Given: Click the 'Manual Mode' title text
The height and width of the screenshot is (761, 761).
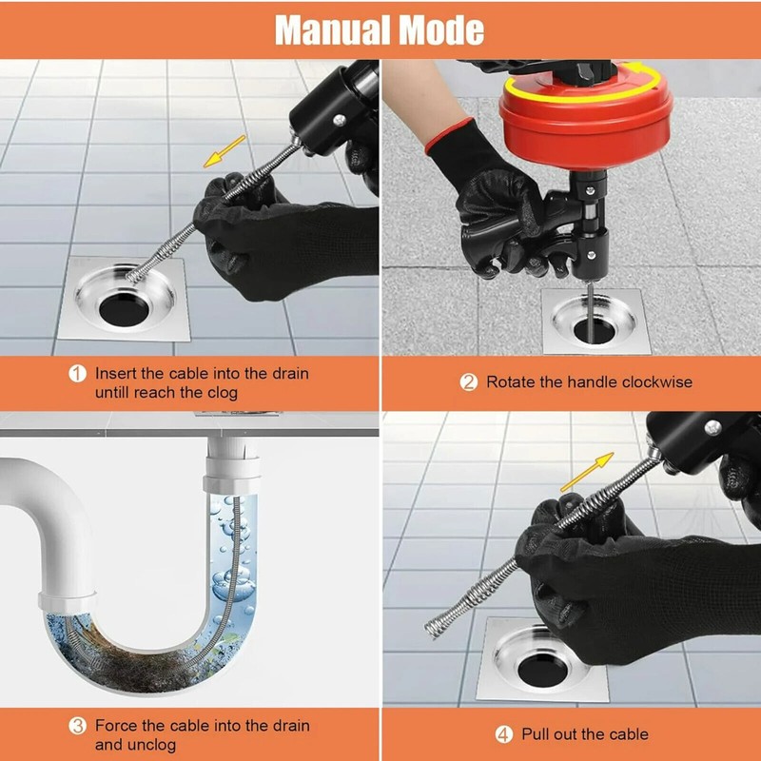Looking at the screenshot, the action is click(380, 30).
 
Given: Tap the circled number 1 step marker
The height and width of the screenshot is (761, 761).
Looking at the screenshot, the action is click(77, 374).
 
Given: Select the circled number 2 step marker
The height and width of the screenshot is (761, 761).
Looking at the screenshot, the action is click(468, 382).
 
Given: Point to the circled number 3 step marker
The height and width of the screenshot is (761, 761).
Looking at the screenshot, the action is click(77, 726).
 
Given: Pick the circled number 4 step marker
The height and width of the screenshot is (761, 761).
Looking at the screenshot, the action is click(504, 734).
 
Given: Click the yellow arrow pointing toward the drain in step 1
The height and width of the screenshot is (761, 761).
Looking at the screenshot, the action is click(224, 151).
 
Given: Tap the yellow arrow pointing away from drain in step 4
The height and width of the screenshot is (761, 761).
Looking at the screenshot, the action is click(587, 472).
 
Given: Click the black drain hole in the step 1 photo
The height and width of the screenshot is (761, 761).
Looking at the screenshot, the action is click(124, 308).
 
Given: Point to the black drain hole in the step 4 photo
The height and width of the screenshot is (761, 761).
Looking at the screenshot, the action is click(542, 670).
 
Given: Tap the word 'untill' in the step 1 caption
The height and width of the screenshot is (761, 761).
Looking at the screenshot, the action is click(112, 393).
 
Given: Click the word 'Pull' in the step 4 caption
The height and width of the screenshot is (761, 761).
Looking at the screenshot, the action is click(537, 734).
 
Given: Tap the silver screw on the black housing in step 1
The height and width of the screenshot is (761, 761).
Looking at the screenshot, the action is click(340, 120).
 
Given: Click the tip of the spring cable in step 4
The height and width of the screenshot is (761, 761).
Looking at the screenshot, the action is click(429, 629).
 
